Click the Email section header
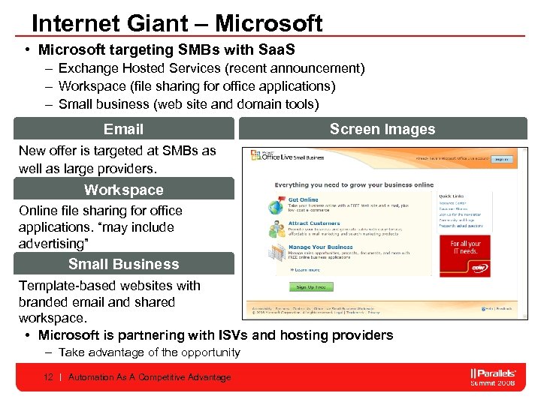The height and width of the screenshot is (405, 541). coord(123,129)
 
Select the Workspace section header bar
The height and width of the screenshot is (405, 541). coord(123,190)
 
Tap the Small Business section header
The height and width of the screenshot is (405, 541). coord(123,264)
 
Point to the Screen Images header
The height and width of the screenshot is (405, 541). coord(382,129)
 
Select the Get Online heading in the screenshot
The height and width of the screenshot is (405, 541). coord(303,200)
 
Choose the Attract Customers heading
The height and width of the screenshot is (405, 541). coord(313,223)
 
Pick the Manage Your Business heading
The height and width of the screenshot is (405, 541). coord(320,247)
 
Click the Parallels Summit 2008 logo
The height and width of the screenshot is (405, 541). coord(492,377)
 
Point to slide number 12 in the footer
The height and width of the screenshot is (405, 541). coord(48,377)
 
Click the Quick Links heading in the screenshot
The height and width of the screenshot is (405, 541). coord(452,196)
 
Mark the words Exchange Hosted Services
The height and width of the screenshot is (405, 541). coord(136,68)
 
